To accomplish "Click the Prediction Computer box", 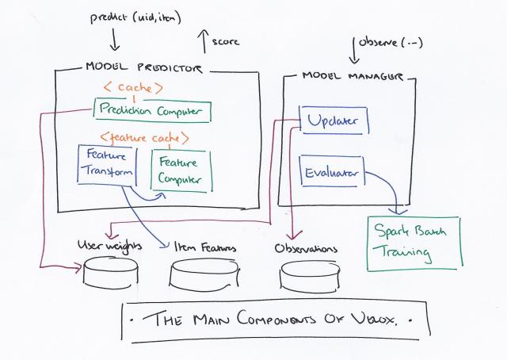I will point(152,111).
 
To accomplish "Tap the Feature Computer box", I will point(181,169).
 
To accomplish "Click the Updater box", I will point(333,121).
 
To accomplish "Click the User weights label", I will point(109,247).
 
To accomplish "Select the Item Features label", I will point(205,248).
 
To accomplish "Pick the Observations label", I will point(306,249).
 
